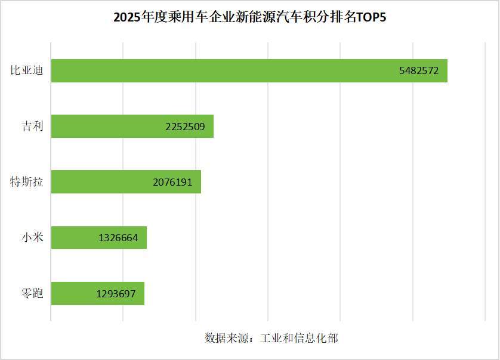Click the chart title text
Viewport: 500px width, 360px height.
coord(250,17)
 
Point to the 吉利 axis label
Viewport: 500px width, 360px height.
coord(32,126)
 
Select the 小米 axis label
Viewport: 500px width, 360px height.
coord(32,238)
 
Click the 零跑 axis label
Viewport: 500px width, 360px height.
coord(32,293)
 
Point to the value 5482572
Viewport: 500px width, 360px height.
coord(419,70)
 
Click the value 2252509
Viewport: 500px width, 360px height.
coord(186,126)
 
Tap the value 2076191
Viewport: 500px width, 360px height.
coord(172,181)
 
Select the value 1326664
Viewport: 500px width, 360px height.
coord(118,238)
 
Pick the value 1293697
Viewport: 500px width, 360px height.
coord(116,293)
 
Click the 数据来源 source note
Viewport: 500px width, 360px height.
coord(271,338)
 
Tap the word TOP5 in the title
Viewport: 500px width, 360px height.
coord(371,17)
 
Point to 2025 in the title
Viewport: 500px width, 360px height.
coord(126,17)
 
